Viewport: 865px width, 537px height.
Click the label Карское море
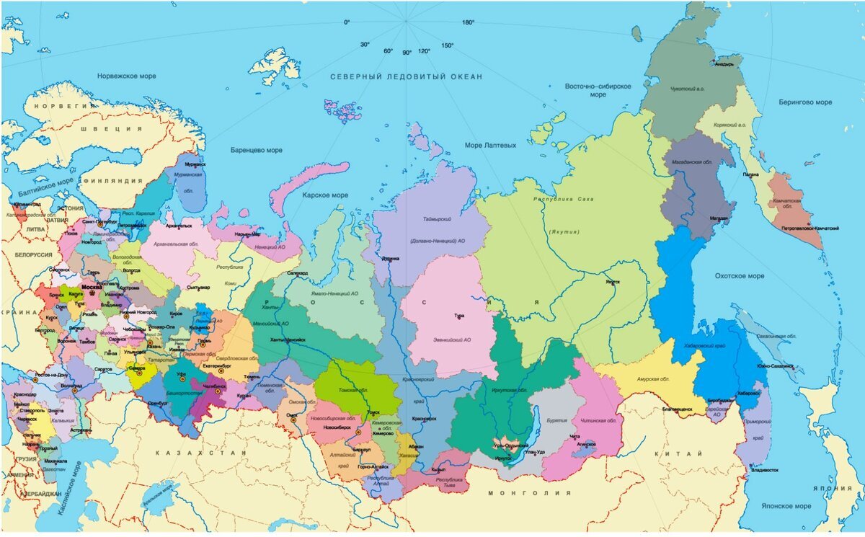[325, 195]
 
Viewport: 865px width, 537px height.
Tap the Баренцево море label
[256, 151]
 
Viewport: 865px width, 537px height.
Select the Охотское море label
[739, 276]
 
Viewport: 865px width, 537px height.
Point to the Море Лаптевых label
[490, 146]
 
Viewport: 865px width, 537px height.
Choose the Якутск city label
[612, 282]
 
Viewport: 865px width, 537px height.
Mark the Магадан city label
[719, 218]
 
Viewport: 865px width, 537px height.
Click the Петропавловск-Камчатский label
[809, 228]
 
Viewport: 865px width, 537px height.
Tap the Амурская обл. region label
[654, 379]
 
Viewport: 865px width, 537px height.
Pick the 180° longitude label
[468, 22]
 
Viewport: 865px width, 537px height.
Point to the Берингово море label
[804, 102]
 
